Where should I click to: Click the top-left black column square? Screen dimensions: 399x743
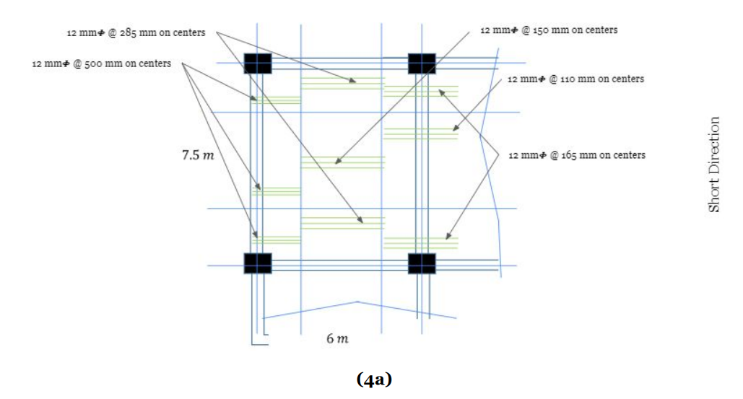click(257, 63)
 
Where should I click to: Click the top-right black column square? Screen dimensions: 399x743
click(422, 63)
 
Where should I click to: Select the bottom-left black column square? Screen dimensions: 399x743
click(258, 263)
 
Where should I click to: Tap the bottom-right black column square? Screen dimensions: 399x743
click(422, 263)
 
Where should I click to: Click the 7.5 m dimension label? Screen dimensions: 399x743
click(197, 155)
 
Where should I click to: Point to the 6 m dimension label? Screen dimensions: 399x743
click(336, 338)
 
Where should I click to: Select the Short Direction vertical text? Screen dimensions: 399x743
click(714, 165)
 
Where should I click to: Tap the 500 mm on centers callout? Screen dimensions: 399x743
click(102, 63)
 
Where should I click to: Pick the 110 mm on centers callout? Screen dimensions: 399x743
click(575, 79)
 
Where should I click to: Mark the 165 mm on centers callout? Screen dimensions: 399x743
click(577, 155)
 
